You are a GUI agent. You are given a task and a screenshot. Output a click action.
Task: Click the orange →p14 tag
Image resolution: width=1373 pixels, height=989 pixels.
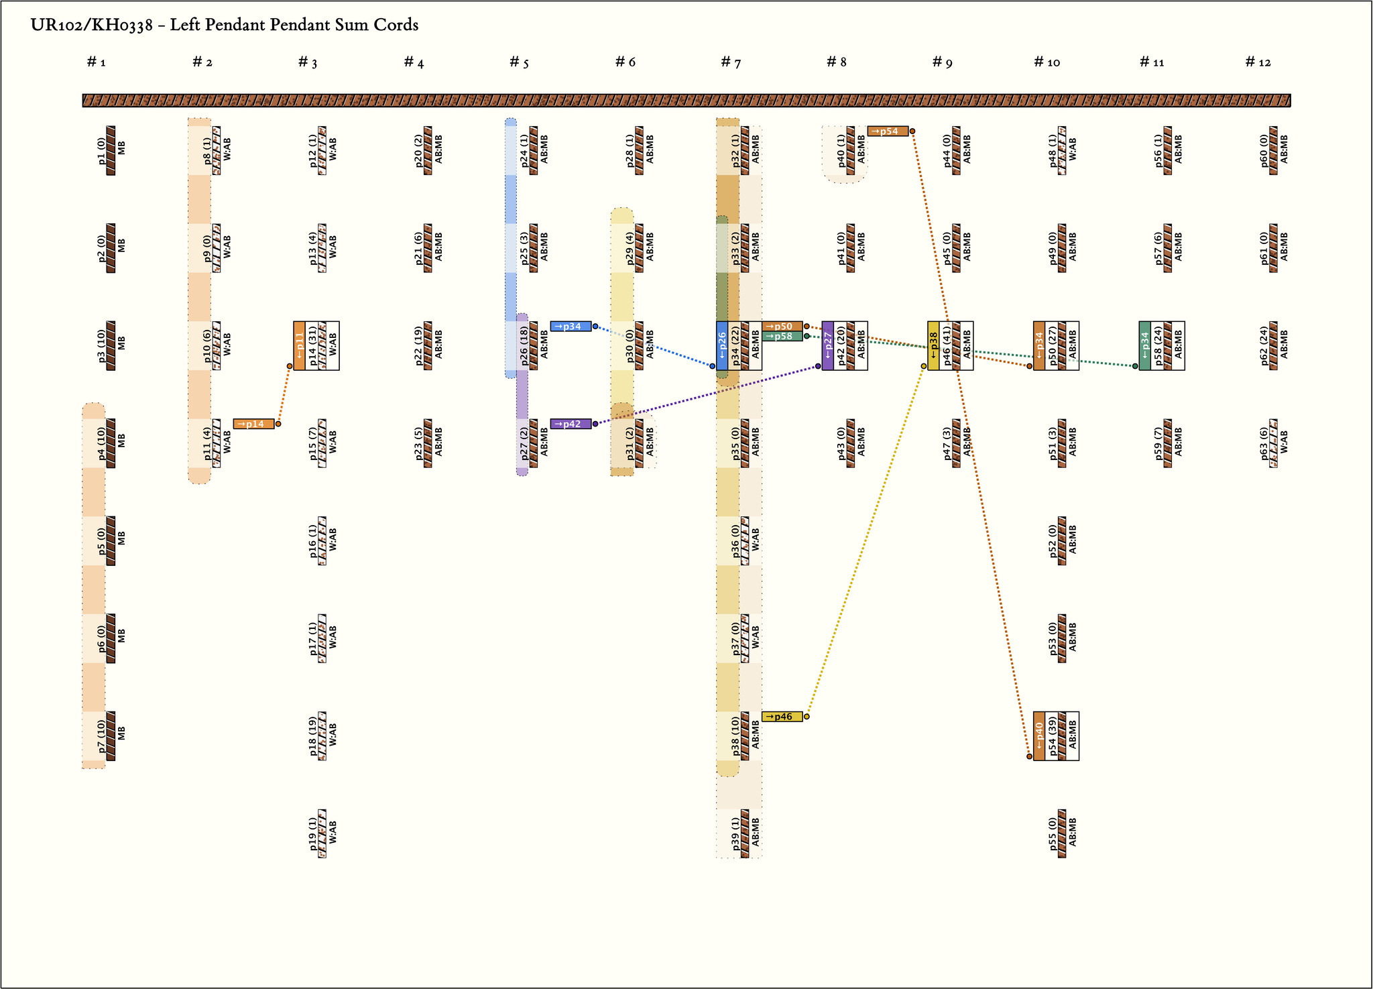pos(254,424)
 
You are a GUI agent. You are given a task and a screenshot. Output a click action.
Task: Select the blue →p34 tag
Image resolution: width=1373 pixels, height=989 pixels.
pos(571,327)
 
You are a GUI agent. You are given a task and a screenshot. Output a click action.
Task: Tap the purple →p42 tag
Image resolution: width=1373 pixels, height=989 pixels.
pos(571,424)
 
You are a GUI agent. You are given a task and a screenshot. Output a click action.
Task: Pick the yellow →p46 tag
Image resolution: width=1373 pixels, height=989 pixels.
pos(782,717)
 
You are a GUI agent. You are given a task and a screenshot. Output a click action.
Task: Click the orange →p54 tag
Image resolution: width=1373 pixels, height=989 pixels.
pos(888,131)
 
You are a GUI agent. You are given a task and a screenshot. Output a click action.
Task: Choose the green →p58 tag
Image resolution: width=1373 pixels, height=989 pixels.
pos(782,337)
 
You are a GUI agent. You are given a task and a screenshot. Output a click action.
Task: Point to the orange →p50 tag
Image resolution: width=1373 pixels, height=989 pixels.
pos(782,327)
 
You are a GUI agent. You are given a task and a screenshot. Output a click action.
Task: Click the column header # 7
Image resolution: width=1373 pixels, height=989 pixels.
pos(731,62)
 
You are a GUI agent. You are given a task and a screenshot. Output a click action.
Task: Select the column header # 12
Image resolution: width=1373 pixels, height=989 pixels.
pos(1258,62)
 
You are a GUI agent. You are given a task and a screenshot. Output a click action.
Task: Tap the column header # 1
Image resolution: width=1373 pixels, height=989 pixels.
pos(97,62)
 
